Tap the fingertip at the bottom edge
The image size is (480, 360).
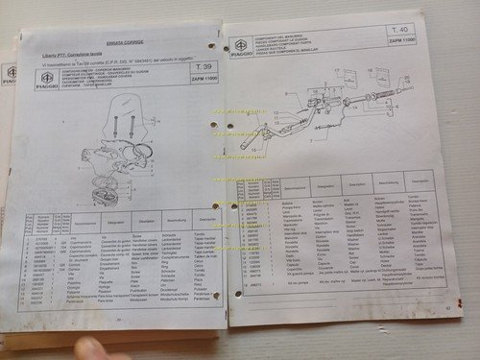(97, 348)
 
